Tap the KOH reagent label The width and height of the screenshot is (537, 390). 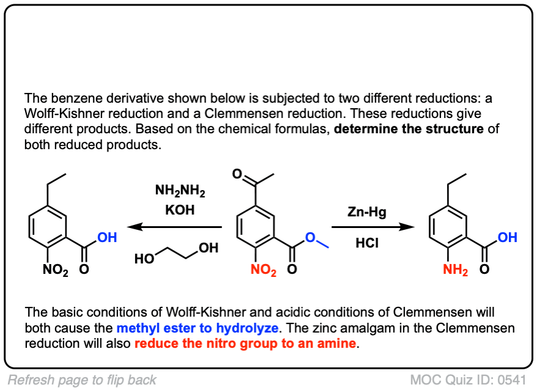(x=180, y=210)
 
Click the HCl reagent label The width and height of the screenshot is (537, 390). (x=367, y=243)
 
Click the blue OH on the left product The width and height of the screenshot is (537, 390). (x=107, y=237)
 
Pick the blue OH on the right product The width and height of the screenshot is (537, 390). (x=507, y=237)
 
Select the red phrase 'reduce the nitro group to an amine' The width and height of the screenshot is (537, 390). (x=245, y=343)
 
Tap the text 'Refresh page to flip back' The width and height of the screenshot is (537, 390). (x=82, y=380)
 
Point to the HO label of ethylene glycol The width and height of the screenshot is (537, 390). (x=144, y=259)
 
